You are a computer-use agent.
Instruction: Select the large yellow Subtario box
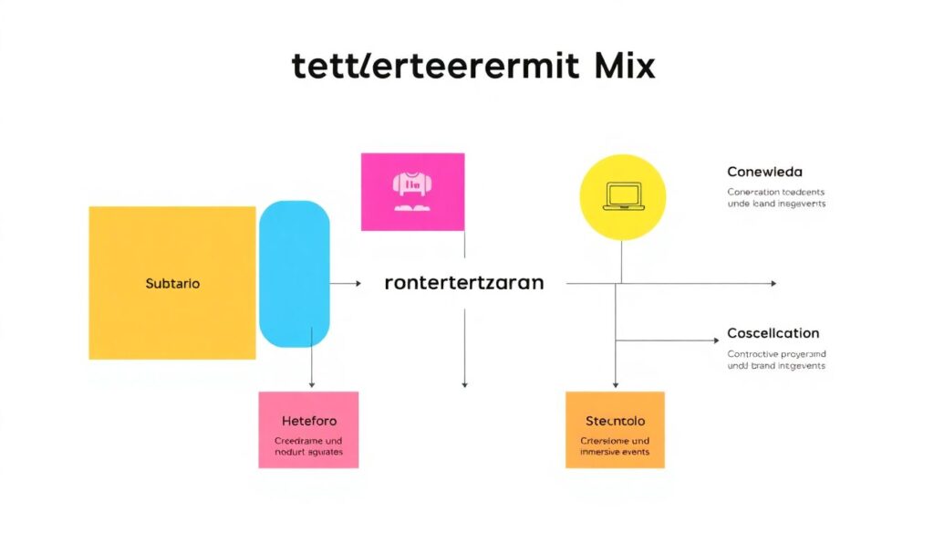(171, 283)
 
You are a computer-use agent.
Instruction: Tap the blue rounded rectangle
(294, 274)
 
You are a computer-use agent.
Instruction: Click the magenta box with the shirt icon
(412, 192)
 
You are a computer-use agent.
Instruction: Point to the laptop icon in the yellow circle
(624, 197)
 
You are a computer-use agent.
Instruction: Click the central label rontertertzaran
(463, 283)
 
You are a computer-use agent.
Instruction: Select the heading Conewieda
(764, 172)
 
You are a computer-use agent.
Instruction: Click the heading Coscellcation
(773, 333)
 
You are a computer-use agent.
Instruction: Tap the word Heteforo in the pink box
(308, 421)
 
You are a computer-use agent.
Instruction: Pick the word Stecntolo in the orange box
(615, 421)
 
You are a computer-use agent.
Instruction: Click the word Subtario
(172, 283)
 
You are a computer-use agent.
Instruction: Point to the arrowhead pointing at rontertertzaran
(358, 284)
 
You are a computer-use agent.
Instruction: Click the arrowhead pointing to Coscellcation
(715, 340)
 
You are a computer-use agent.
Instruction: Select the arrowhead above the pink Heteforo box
(312, 384)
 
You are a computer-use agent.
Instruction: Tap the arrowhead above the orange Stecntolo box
(616, 384)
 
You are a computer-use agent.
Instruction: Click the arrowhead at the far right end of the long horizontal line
(773, 284)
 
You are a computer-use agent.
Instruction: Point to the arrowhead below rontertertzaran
(464, 384)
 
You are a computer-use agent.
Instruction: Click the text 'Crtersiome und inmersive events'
(615, 445)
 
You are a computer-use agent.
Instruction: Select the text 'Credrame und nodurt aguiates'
(308, 445)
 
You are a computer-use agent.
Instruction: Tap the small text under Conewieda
(776, 198)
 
